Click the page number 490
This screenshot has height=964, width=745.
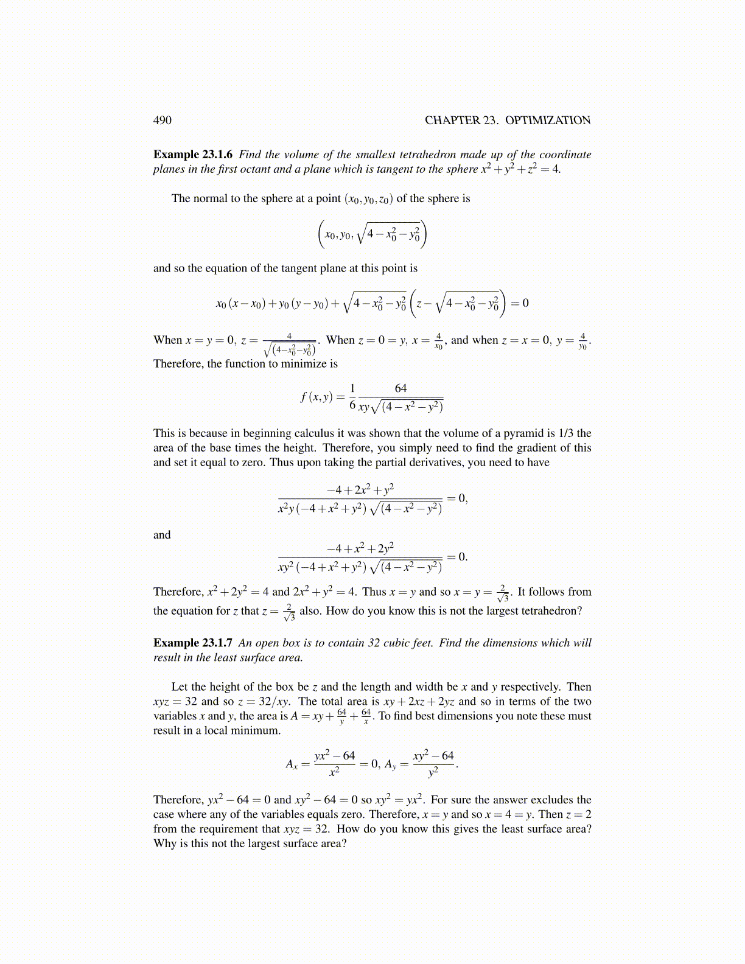pos(163,120)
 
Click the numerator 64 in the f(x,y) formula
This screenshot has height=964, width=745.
pos(400,388)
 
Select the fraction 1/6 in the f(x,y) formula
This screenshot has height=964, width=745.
pos(352,396)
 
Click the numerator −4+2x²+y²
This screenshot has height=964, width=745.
pos(360,489)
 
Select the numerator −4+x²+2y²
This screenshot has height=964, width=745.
pos(360,548)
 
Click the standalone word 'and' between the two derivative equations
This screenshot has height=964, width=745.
pos(162,535)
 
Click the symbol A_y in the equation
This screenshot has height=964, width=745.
pos(390,764)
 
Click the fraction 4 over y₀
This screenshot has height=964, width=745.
pos(582,341)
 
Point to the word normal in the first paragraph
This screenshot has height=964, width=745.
pos(210,198)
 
